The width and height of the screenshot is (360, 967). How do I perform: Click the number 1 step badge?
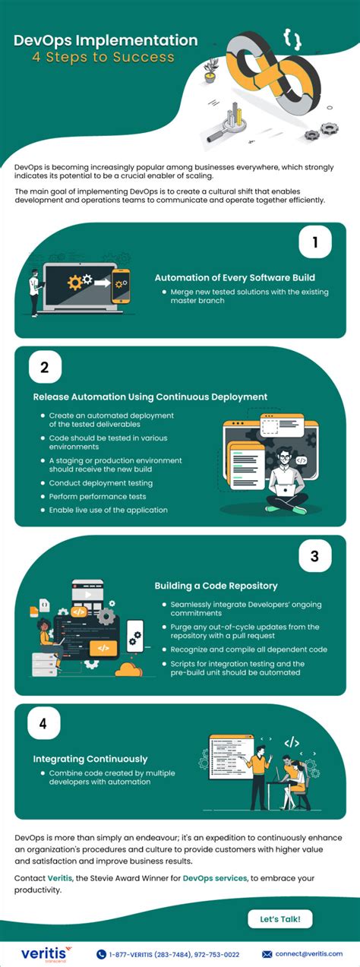(x=314, y=244)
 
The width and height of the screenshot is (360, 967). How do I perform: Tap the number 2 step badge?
(x=44, y=368)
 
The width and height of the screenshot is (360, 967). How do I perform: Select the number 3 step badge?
(x=314, y=556)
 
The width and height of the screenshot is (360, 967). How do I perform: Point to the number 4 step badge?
(x=44, y=723)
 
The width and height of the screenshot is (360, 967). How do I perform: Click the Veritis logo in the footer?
(x=43, y=953)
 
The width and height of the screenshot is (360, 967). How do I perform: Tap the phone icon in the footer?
(x=101, y=954)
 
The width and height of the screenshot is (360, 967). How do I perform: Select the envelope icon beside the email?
(x=267, y=954)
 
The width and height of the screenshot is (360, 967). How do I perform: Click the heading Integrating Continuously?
(x=90, y=758)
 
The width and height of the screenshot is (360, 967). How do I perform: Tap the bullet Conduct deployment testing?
(x=101, y=482)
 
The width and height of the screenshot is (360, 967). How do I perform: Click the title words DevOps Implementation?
(x=106, y=40)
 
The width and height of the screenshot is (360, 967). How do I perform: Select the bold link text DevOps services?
(x=215, y=877)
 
